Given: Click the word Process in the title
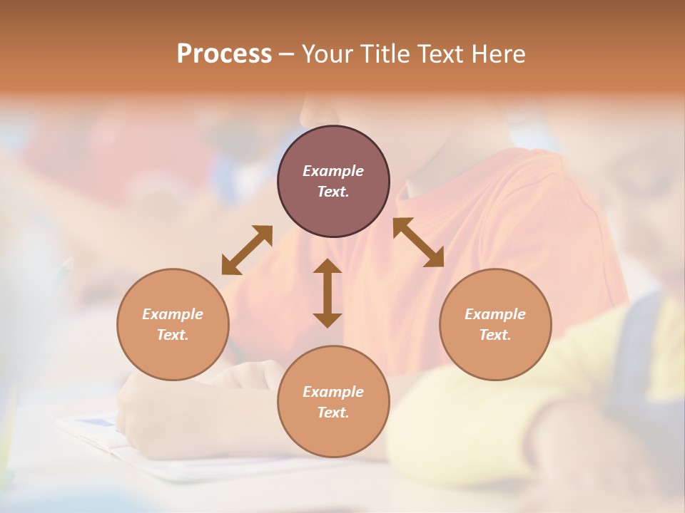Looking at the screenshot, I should point(224,54).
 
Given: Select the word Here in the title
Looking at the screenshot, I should point(497,54).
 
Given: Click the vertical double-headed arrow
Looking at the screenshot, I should point(328,294).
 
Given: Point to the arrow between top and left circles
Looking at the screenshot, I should point(247,249).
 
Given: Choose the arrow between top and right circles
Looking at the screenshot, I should point(419,243).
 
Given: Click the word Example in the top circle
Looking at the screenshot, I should point(333,171).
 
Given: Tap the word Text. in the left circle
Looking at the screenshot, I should point(173,335).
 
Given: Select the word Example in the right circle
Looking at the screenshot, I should point(495,314).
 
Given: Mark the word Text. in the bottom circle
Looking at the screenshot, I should point(333,413).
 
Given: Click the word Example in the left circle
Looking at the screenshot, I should point(173,314).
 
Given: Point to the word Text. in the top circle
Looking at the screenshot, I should point(333,192).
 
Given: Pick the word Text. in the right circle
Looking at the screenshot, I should point(495,335).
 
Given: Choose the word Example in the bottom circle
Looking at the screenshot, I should point(333,392).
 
